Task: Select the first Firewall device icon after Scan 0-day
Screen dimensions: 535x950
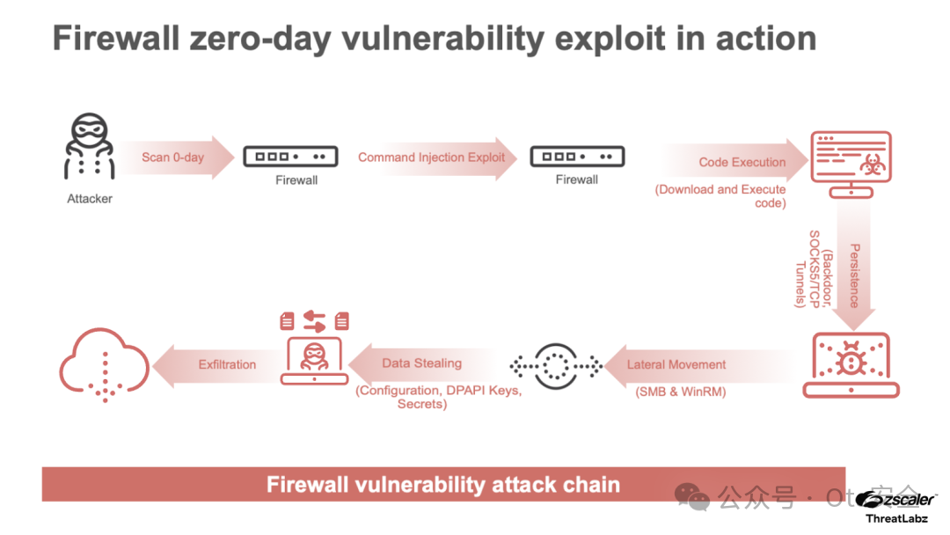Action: coord(289,158)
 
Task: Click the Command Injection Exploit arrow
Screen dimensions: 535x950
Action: coord(432,158)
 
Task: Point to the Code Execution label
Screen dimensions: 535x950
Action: coord(742,162)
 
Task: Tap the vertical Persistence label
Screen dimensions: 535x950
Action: coord(853,275)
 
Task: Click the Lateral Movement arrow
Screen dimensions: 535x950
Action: coord(676,364)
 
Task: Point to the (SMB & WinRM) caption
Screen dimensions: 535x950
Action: coord(680,392)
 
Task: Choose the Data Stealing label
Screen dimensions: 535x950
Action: coord(421,363)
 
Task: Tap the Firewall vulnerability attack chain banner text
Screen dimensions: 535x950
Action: coord(443,484)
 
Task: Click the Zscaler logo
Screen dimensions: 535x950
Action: coord(895,500)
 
